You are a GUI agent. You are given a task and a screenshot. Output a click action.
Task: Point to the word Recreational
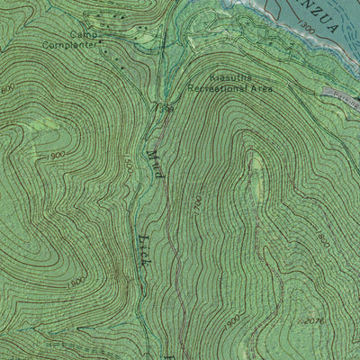(x=217, y=89)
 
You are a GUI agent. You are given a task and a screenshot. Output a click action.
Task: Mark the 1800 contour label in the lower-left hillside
(x=77, y=282)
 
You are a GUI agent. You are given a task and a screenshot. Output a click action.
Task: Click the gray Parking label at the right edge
(x=347, y=93)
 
